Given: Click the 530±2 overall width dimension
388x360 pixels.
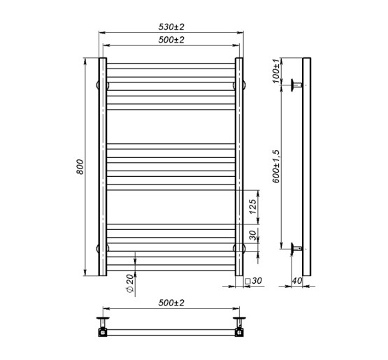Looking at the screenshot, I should tap(171, 27).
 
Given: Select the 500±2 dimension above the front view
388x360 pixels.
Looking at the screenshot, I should tap(171, 40).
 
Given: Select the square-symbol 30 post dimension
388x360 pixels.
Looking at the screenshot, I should tap(252, 282).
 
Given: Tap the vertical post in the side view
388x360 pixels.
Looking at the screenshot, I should tap(306, 168).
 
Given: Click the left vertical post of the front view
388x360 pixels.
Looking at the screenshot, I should tap(102, 168).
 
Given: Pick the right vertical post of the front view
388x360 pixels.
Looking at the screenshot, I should tap(239, 168).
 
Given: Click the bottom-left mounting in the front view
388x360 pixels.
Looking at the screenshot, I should tap(99, 247).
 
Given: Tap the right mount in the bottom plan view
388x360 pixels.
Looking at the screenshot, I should tap(239, 326).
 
